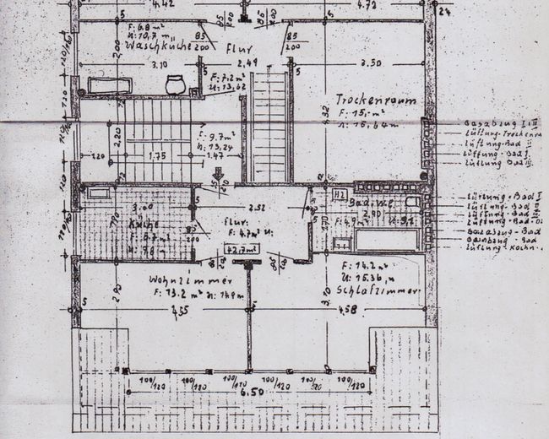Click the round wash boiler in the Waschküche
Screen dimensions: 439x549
pos(175,84)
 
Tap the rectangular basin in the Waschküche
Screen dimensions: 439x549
pos(110,85)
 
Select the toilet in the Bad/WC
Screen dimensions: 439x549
pos(412,203)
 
